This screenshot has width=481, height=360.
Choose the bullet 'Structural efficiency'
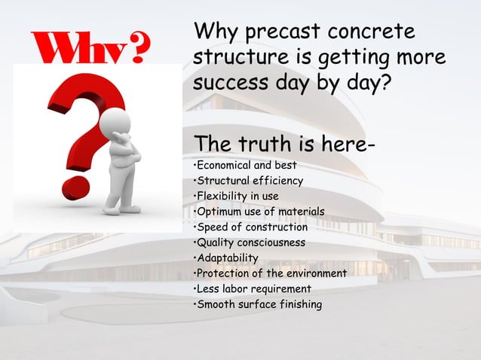250,181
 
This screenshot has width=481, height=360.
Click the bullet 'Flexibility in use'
237,196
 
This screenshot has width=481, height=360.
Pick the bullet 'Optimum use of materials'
260,212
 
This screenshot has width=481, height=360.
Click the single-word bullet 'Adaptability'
227,258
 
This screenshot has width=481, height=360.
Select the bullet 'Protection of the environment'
271,273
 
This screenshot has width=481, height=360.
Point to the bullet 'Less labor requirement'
253,289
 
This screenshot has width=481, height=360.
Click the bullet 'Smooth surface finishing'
258,304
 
